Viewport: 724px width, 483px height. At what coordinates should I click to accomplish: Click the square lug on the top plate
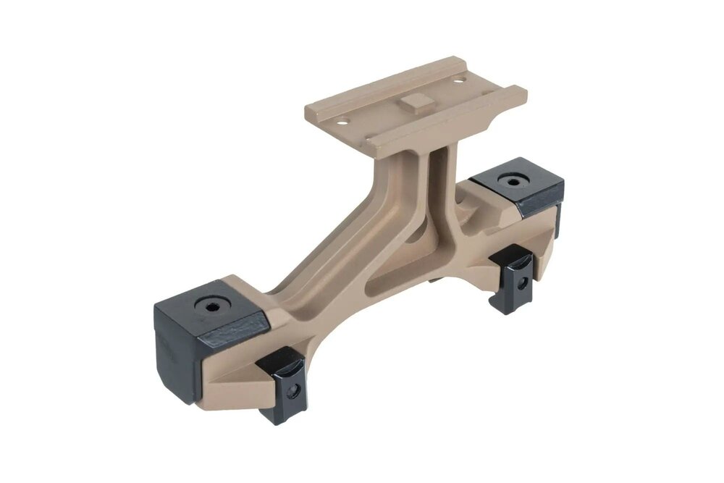(413, 104)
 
